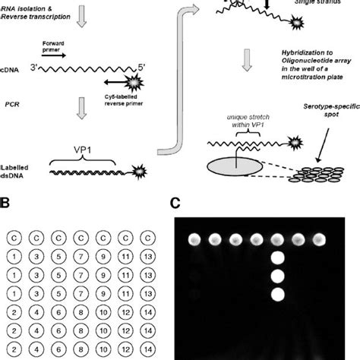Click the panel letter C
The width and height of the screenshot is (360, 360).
click(x=175, y=204)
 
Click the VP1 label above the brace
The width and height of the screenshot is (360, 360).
click(x=81, y=152)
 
